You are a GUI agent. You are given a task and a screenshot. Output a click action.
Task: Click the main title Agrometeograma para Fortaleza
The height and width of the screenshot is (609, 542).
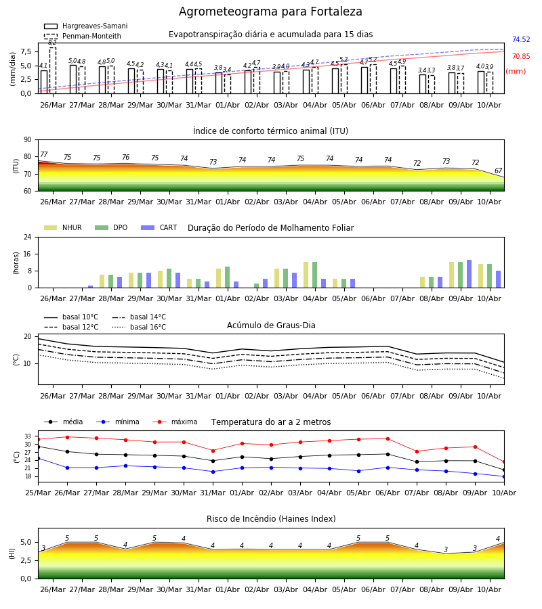pos(270,12)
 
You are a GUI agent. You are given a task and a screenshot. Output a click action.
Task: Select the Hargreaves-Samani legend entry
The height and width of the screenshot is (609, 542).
pos(86,26)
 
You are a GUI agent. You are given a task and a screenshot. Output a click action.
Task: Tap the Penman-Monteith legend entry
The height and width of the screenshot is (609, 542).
pos(83,36)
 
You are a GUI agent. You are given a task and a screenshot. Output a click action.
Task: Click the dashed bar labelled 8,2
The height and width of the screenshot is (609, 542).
pos(53,70)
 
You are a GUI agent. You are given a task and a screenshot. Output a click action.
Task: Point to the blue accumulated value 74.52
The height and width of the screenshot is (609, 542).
pos(521,40)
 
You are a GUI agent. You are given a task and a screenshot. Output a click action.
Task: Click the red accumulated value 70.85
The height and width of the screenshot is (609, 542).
pos(521,57)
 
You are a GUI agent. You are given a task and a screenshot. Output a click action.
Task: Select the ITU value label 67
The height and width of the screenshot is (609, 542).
pos(498,171)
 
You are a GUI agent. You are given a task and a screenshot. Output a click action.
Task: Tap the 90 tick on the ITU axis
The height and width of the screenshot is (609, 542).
pos(28,140)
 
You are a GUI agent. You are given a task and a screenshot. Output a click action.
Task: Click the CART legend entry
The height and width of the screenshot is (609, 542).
pos(159,227)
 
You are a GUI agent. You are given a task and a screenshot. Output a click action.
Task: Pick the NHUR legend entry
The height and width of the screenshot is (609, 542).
pos(63,227)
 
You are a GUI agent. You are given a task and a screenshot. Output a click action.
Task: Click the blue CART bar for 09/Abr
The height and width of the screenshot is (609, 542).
pos(470,274)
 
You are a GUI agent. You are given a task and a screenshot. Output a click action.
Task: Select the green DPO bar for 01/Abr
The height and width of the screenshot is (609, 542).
pos(228,277)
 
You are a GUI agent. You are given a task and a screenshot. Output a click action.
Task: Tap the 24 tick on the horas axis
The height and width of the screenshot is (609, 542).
pos(28,237)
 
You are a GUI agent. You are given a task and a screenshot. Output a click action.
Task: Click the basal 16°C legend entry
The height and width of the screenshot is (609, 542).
pos(139,328)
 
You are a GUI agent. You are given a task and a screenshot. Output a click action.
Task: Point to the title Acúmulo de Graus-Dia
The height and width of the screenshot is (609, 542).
pos(271,325)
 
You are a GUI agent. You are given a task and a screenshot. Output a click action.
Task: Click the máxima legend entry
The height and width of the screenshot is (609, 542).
pos(175,422)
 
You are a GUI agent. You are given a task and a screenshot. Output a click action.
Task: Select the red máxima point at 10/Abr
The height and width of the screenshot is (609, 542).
pos(504,462)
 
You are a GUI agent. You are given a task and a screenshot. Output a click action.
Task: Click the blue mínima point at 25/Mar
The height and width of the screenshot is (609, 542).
pos(38,459)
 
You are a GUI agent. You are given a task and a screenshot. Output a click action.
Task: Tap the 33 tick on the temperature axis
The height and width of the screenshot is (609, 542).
pos(28,436)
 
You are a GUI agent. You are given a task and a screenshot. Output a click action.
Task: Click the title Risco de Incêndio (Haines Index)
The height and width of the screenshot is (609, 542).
pos(271,519)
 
